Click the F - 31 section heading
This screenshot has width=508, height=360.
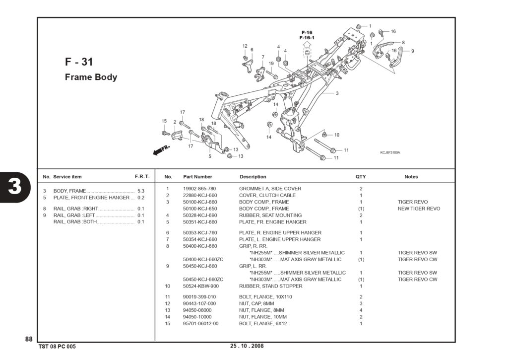79,62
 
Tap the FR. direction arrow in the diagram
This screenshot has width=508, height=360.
161,149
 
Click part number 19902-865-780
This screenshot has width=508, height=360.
199,188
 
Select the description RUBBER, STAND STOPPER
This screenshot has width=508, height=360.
270,286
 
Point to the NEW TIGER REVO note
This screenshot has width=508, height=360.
419,209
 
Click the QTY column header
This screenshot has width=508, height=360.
361,177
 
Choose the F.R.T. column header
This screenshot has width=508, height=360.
142,177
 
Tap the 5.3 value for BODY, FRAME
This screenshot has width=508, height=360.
141,191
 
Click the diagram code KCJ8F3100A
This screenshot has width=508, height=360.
390,152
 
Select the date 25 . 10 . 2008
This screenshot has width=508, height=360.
247,346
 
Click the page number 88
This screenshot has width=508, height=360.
29,339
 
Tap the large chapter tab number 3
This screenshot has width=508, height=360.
14,186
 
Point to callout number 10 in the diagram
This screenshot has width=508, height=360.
337,135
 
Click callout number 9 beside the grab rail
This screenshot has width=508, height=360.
412,51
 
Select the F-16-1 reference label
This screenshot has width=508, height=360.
307,38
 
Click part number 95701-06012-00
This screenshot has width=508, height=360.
200,323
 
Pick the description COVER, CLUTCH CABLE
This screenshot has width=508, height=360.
267,195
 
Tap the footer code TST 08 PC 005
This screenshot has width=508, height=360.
57,347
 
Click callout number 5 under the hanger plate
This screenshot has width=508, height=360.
210,156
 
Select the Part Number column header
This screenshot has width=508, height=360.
197,177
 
